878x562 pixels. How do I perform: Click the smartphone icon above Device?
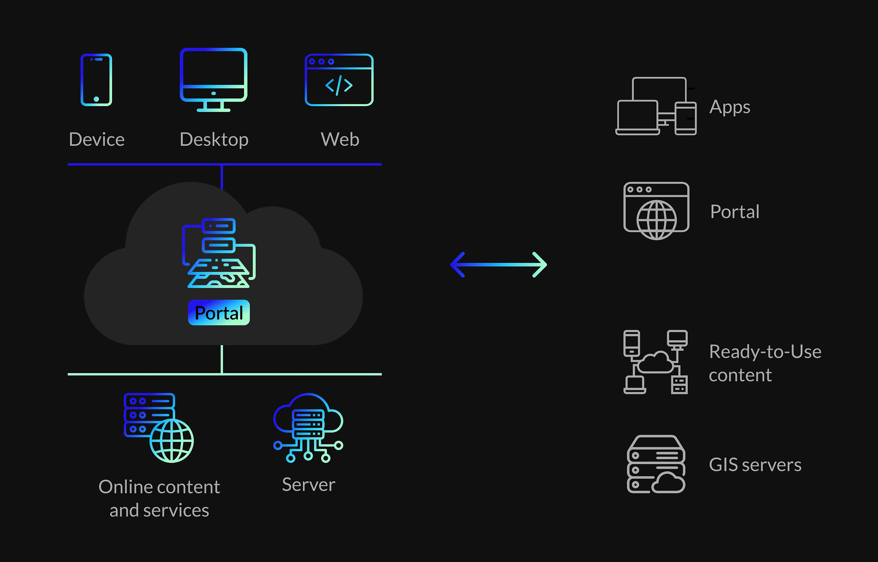pos(96,80)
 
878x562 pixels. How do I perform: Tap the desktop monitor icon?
pos(213,79)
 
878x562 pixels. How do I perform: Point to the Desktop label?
pos(214,140)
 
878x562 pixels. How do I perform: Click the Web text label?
pos(340,139)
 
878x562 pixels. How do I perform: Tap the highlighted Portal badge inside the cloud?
pos(219,313)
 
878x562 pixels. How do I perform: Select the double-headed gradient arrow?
pos(498,265)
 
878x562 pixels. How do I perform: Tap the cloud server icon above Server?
pos(308,427)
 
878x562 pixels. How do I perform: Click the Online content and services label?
pos(159,498)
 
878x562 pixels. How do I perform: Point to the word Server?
pos(308,485)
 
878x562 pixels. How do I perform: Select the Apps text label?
pos(730,107)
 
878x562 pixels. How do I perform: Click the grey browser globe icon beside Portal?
pos(656,210)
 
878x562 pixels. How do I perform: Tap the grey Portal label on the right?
pos(735,212)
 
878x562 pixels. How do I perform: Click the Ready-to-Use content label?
pos(765,363)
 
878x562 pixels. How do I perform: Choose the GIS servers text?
pos(755,465)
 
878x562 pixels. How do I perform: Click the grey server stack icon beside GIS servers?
pos(656,464)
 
